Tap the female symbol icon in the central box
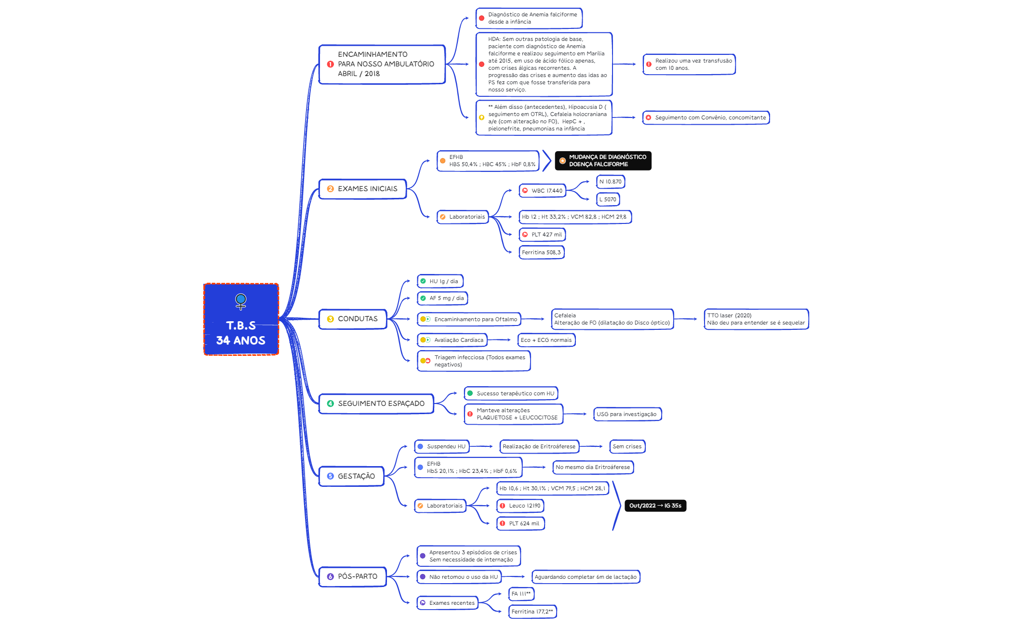point(241,301)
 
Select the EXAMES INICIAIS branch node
point(362,189)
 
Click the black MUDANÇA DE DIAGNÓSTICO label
point(603,161)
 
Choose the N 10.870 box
point(611,182)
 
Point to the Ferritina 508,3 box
point(541,252)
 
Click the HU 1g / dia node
point(440,281)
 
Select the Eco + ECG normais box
point(546,340)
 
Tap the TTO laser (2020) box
point(756,319)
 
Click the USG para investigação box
point(626,414)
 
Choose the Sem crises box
point(627,446)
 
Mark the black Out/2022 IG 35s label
point(655,506)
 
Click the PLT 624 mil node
point(520,523)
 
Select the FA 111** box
point(521,594)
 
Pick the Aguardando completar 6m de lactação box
point(586,577)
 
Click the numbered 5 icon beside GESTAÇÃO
point(330,476)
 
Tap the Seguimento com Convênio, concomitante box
point(706,117)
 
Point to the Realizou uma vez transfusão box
point(689,65)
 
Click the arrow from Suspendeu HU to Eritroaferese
point(483,446)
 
